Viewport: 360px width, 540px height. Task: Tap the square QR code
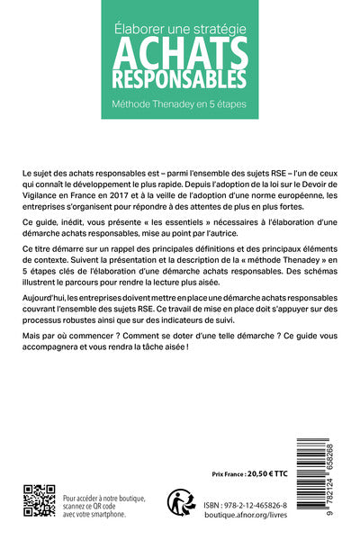(38, 499)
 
